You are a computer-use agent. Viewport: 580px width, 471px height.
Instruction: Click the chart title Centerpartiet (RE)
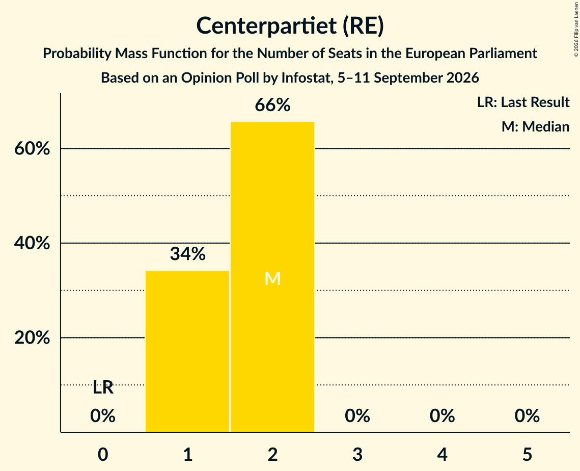point(290,26)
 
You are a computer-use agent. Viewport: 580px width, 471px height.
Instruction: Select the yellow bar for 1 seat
point(187,351)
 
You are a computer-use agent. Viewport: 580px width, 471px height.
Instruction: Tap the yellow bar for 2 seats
point(272,277)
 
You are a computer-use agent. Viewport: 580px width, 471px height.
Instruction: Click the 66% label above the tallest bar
point(272,105)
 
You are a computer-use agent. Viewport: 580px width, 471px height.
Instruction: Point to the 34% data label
point(188,254)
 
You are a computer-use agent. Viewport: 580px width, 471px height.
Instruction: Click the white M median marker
point(272,278)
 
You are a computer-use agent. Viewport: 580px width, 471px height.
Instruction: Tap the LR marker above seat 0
point(103,388)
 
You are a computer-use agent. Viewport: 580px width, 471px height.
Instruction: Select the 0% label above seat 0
point(103,416)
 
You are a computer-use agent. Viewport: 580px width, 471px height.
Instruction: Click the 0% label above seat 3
point(357,416)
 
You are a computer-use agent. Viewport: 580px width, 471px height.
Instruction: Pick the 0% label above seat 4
point(443,416)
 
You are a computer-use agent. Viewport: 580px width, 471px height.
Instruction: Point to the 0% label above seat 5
point(527,416)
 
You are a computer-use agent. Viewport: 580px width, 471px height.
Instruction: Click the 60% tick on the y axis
point(32,148)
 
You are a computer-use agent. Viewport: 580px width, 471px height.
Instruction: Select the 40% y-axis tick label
point(32,243)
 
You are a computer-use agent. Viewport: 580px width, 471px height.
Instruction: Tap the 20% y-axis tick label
point(32,337)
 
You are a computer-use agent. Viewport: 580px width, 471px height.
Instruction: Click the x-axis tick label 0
point(103,454)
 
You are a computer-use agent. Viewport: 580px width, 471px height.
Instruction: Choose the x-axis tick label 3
point(357,454)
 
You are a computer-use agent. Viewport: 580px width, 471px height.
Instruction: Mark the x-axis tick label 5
point(527,454)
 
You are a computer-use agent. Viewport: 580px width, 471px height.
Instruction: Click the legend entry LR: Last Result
point(523,102)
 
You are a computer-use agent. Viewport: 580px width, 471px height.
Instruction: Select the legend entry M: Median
point(535,126)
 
